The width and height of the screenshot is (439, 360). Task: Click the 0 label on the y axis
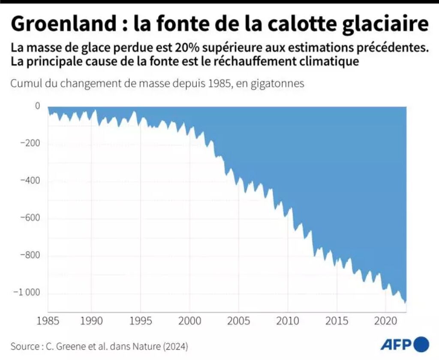37,106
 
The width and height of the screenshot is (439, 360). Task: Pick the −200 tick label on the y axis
30,143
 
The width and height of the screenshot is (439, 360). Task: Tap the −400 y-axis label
30,181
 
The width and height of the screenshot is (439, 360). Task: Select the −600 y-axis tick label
30,218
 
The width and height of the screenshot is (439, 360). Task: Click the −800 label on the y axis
30,256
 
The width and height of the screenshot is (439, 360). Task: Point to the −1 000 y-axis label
26,293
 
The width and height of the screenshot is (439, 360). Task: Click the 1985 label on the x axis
48,321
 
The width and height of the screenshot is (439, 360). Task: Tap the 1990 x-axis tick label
91,321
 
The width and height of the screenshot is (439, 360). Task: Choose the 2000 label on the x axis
189,321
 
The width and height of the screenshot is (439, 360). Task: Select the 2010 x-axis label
287,321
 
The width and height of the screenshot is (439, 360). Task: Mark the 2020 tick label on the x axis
385,321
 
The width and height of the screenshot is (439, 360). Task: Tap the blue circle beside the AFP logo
422,344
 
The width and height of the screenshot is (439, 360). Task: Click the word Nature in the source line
150,345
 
